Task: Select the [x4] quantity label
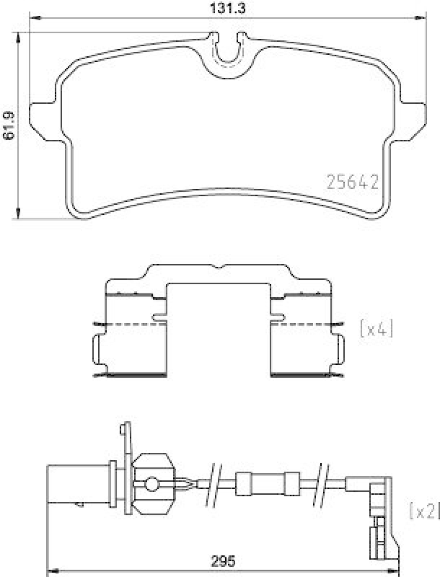pos(377,330)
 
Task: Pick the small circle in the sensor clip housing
pos(151,483)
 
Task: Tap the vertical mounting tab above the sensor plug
pos(122,440)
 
